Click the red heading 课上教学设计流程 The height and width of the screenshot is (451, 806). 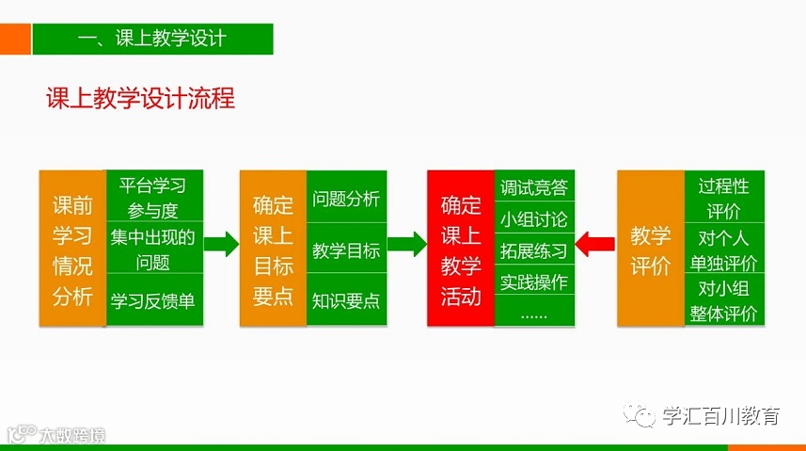click(x=140, y=98)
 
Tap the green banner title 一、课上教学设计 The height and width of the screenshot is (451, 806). click(x=152, y=39)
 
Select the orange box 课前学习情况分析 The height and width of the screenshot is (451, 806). click(x=72, y=249)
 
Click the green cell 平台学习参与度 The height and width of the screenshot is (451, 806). click(x=153, y=197)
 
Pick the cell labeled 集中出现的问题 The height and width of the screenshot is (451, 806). click(x=153, y=249)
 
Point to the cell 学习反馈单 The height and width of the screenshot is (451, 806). click(x=153, y=300)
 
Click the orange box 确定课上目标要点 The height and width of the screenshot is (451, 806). click(x=273, y=249)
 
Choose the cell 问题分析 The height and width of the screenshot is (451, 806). click(x=346, y=199)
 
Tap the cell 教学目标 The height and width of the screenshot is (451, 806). click(x=346, y=250)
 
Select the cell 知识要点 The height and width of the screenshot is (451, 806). click(x=346, y=300)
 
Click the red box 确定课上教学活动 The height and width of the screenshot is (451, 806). click(x=461, y=249)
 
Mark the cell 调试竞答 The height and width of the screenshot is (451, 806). click(x=534, y=187)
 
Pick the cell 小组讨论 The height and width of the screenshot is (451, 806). click(x=534, y=219)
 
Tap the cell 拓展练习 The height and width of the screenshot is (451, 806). click(x=534, y=250)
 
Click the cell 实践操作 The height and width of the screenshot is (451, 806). click(x=534, y=282)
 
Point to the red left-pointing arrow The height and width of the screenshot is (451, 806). click(x=594, y=245)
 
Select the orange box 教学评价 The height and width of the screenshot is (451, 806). click(x=651, y=249)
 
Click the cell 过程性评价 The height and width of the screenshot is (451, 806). click(x=723, y=197)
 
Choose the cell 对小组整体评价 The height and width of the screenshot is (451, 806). click(x=723, y=300)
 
